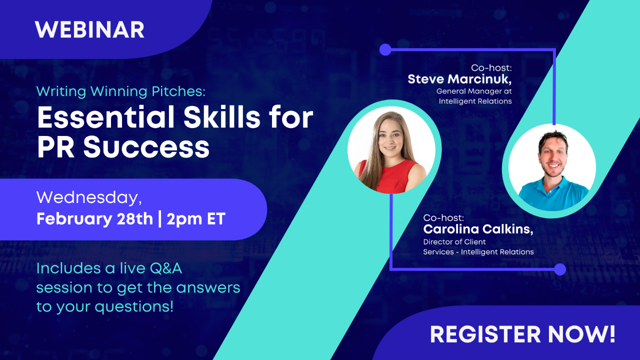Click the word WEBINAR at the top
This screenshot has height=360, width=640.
click(89, 30)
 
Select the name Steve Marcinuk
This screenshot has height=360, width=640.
click(459, 79)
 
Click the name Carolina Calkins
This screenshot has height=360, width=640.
click(478, 229)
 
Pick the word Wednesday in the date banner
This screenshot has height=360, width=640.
click(88, 198)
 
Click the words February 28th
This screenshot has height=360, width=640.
click(94, 219)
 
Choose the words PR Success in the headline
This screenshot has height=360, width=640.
click(123, 146)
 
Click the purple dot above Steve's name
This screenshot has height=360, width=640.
click(385, 49)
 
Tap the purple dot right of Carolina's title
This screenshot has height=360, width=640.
click(560, 269)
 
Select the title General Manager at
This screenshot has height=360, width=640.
click(474, 91)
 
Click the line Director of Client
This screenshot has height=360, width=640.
click(454, 242)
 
